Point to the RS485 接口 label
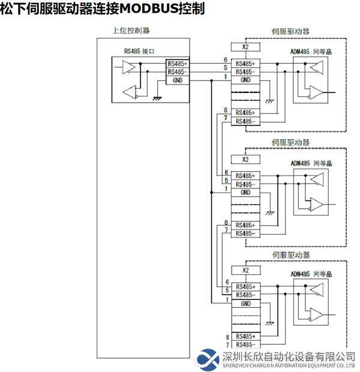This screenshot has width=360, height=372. pyautogui.click(x=139, y=52)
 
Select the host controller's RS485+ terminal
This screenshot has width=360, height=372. pyautogui.click(x=178, y=63)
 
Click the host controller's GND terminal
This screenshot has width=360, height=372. pyautogui.click(x=178, y=80)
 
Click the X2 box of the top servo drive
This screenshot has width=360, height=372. pyautogui.click(x=245, y=46)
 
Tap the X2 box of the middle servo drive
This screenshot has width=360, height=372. pyautogui.click(x=245, y=160)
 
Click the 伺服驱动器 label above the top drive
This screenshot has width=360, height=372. pyautogui.click(x=291, y=31)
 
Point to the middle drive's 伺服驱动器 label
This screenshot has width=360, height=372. pyautogui.click(x=291, y=143)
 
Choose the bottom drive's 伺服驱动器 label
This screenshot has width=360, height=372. pyautogui.click(x=291, y=255)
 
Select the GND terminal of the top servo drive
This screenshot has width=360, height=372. pyautogui.click(x=245, y=80)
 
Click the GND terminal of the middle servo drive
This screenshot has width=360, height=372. pyautogui.click(x=245, y=192)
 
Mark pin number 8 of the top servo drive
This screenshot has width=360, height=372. pyautogui.click(x=226, y=110)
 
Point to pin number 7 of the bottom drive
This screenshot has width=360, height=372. pyautogui.click(x=227, y=346)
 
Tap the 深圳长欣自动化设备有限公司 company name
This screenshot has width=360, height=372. pyautogui.click(x=289, y=356)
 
